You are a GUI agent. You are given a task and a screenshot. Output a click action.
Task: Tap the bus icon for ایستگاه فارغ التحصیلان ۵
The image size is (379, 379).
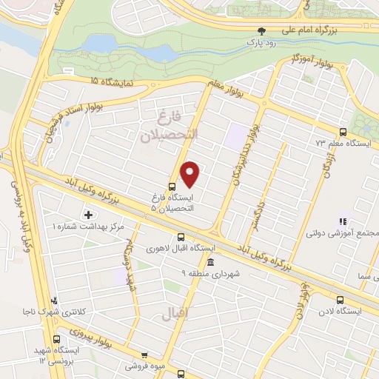[172, 187]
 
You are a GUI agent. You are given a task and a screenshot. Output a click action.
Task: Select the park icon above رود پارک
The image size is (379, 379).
[261, 31]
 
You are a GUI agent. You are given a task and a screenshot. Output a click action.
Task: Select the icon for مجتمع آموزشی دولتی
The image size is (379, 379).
[342, 221]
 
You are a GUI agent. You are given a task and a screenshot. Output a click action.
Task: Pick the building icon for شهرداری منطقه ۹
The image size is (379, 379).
[210, 262]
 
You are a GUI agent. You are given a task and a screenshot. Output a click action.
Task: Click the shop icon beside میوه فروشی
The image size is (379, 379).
[144, 355]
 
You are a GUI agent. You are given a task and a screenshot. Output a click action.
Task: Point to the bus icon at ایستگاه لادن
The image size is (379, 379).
[340, 300]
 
